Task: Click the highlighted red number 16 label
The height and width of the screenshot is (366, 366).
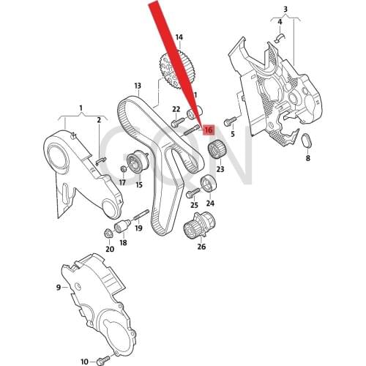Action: click(209, 131)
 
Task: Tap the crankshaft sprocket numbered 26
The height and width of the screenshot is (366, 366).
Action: click(200, 224)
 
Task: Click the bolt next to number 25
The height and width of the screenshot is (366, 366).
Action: click(192, 194)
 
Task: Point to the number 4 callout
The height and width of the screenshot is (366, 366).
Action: click(281, 23)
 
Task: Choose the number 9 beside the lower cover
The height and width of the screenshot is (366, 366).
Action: click(59, 288)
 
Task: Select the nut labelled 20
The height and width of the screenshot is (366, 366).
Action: click(108, 234)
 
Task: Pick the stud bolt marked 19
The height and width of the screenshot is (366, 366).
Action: click(138, 215)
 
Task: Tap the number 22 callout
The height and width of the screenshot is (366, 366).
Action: click(176, 109)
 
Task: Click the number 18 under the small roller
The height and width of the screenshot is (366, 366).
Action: click(123, 242)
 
